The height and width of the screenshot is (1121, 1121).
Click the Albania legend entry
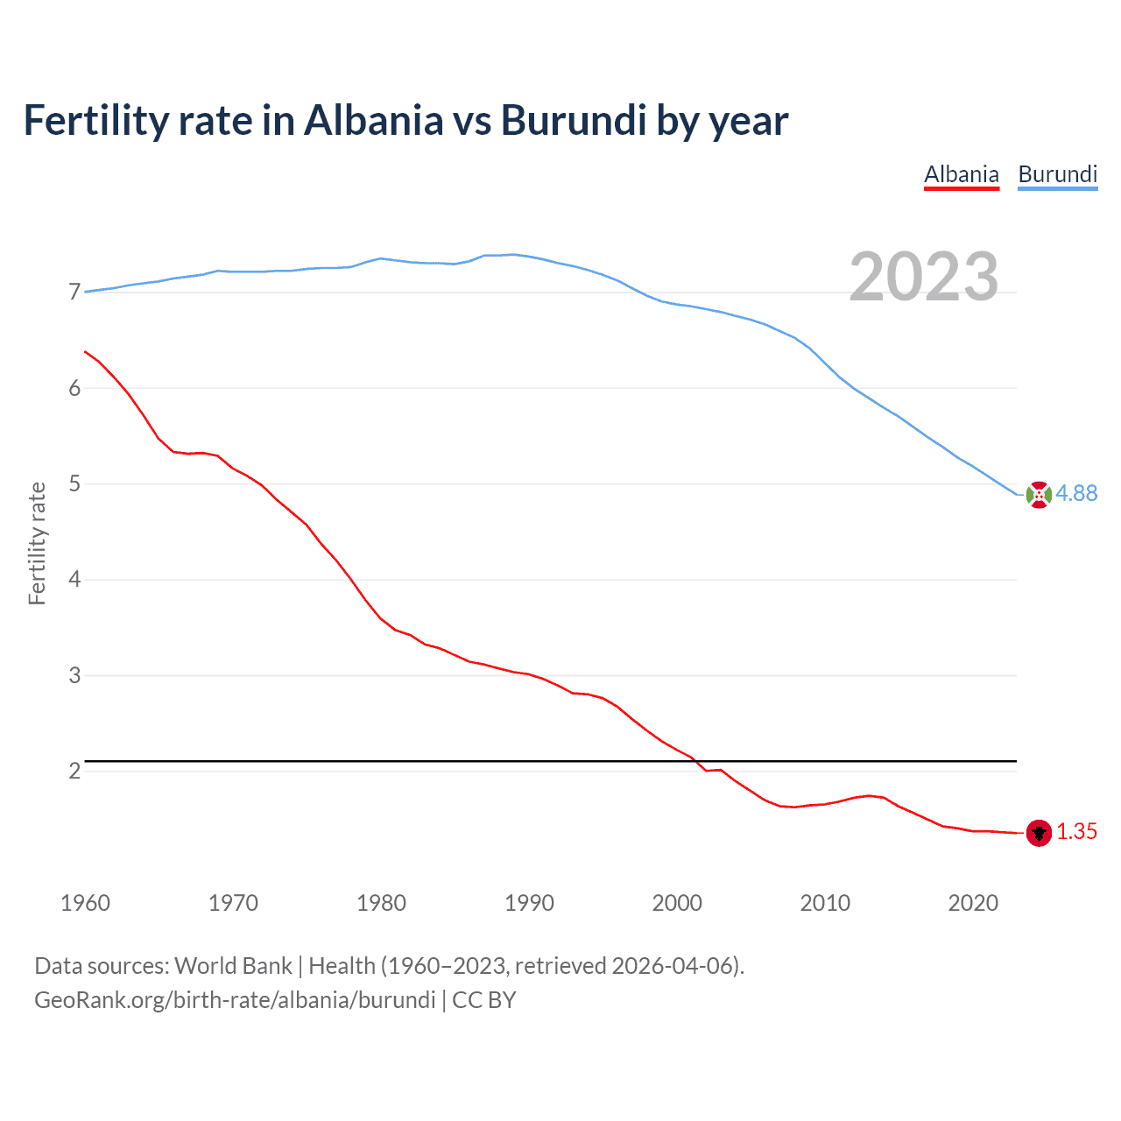click(x=962, y=174)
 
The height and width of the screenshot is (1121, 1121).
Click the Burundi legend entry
click(x=1057, y=174)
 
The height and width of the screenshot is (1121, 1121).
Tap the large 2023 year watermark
click(x=923, y=277)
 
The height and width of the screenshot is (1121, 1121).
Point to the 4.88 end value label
click(x=1076, y=494)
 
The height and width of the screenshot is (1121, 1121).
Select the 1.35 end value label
click(x=1076, y=832)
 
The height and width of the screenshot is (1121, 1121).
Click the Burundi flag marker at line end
click(x=1039, y=495)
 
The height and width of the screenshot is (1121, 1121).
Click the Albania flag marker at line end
click(x=1039, y=833)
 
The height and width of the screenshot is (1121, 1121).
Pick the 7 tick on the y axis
click(x=74, y=293)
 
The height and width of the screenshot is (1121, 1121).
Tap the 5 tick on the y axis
click(x=74, y=484)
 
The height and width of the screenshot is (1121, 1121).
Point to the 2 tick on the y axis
click(x=74, y=772)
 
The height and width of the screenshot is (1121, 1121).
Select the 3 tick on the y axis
click(x=74, y=675)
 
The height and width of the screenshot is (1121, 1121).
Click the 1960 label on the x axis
click(x=85, y=903)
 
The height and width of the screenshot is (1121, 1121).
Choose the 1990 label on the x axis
click(x=529, y=903)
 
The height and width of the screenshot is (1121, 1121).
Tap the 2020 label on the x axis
click(x=973, y=903)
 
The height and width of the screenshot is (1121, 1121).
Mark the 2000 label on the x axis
click(x=677, y=903)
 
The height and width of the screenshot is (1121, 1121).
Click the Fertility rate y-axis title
click(x=37, y=543)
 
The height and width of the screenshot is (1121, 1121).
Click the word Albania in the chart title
click(x=374, y=121)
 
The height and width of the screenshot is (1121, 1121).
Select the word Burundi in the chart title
click(x=574, y=121)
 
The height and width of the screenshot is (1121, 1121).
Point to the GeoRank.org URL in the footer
click(x=235, y=1000)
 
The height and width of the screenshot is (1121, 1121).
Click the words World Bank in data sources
click(x=233, y=966)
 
